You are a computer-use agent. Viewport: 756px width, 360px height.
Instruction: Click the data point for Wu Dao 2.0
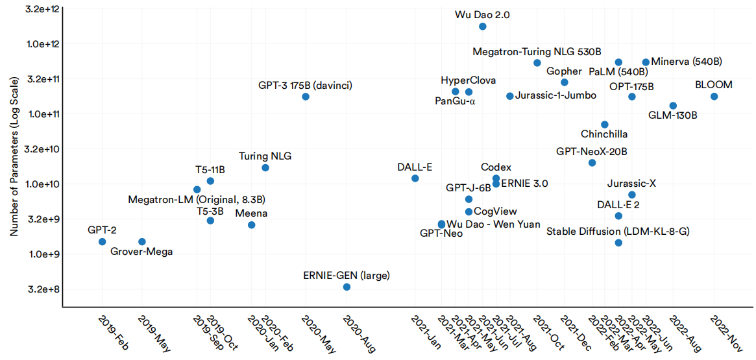click(x=483, y=27)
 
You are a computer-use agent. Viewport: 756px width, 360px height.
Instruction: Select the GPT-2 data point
click(x=102, y=242)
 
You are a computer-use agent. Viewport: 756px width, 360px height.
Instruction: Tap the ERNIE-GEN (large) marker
click(x=347, y=287)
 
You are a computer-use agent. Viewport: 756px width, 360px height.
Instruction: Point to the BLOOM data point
click(x=714, y=97)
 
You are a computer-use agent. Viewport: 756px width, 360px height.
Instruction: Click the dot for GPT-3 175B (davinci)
click(x=306, y=97)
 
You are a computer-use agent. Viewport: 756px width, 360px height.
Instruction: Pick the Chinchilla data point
click(x=605, y=125)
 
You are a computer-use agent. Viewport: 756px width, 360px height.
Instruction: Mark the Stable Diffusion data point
click(x=618, y=243)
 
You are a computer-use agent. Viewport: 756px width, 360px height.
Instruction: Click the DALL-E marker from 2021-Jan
click(x=415, y=178)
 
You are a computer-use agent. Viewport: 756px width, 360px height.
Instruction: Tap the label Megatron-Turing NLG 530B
click(x=537, y=51)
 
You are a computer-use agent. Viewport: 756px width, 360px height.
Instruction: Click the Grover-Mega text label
click(x=141, y=252)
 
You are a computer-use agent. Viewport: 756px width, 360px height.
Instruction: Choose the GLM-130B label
click(x=673, y=115)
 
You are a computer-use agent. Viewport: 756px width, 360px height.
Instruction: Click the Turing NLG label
click(x=265, y=156)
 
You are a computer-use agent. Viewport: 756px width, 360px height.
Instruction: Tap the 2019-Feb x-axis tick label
click(x=112, y=331)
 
